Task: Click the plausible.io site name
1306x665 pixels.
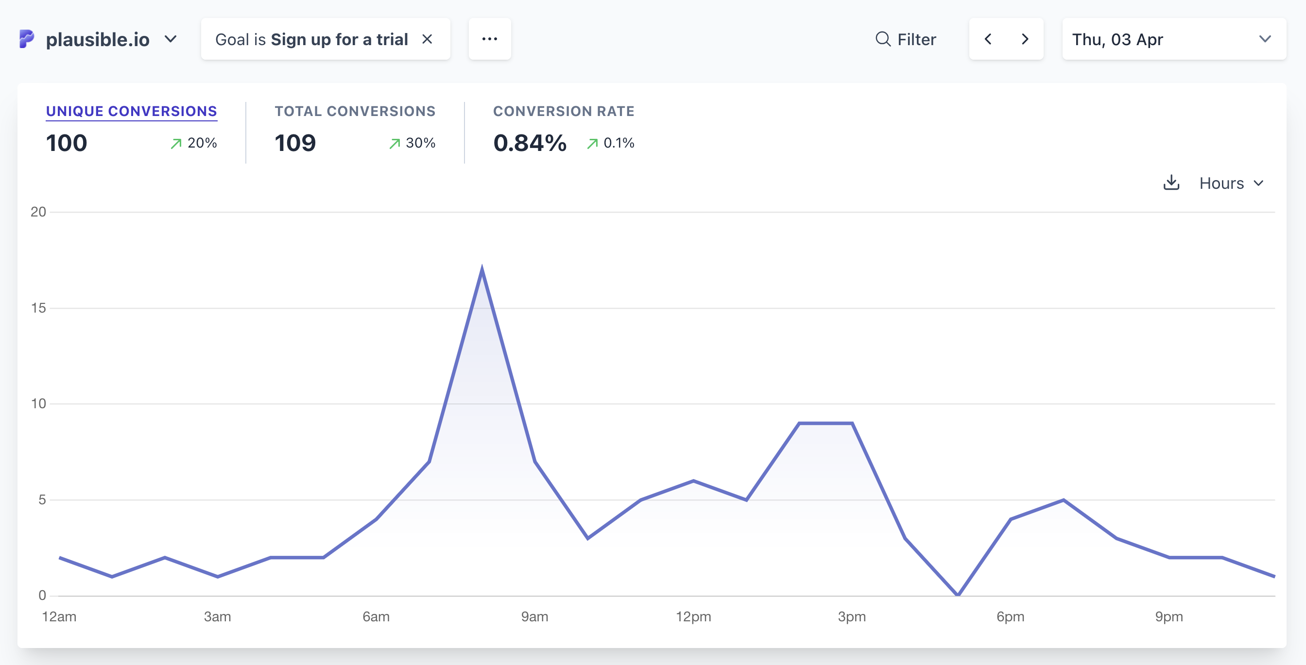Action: (97, 39)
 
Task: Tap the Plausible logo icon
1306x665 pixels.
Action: (26, 39)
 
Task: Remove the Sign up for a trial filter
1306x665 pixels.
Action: (428, 39)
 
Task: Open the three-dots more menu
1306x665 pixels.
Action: (490, 39)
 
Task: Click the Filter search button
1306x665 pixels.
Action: (906, 39)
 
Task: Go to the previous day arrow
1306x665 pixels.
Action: (988, 39)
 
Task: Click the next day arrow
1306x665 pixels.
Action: (1025, 39)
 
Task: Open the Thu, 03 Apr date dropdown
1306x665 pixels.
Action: (1174, 39)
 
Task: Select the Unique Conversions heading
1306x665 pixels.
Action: (131, 112)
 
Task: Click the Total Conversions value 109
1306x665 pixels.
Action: (295, 143)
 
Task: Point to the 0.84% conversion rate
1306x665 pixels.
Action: (530, 143)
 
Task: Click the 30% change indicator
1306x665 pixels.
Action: (412, 143)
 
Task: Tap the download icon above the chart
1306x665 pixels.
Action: (1171, 183)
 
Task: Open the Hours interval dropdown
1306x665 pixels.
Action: (1232, 183)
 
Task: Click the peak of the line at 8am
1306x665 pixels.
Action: (481, 267)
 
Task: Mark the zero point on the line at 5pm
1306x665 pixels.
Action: (958, 595)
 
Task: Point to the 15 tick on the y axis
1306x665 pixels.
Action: (38, 308)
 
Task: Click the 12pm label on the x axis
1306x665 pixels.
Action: (693, 617)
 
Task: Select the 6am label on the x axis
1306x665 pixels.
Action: (376, 617)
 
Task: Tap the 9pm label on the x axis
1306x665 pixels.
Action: (1169, 617)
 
